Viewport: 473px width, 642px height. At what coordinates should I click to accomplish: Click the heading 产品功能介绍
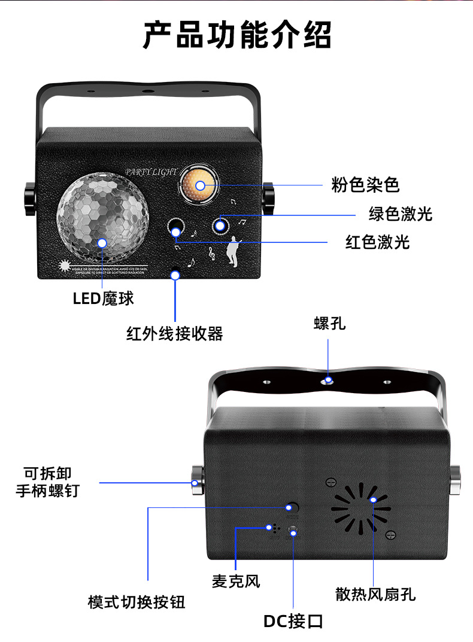pos(236,35)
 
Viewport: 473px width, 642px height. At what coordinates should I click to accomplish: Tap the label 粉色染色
pos(365,185)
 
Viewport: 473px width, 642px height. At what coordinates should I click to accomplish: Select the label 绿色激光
pos(400,214)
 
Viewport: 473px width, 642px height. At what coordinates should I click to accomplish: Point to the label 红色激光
pos(377,242)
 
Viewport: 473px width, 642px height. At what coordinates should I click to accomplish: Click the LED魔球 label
pos(103,298)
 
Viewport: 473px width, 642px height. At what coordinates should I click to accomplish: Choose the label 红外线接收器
pos(174,334)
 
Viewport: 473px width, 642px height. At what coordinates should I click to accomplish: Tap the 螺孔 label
pos(329,324)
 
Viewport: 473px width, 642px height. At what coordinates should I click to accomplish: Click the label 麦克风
pos(236,580)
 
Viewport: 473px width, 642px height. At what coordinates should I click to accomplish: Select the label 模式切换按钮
pos(137,601)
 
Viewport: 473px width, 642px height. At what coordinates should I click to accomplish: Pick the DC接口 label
pos(293,621)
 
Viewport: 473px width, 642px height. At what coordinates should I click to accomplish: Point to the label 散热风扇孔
pos(375,594)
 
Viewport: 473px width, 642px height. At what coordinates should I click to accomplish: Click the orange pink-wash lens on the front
pos(199,185)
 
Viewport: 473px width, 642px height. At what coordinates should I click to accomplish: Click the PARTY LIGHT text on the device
pos(151,172)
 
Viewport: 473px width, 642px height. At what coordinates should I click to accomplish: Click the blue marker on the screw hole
pos(329,379)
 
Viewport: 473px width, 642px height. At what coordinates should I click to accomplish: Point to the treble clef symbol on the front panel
pos(211,254)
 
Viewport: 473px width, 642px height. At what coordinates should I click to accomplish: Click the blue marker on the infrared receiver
pos(175,275)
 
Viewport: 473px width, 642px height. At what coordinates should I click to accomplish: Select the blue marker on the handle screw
pos(194,482)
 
